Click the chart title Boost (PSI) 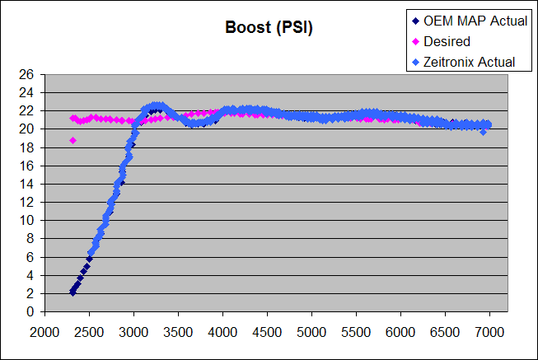pyautogui.click(x=269, y=27)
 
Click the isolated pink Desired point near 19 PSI pyautogui.click(x=73, y=140)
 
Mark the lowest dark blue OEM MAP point pyautogui.click(x=73, y=292)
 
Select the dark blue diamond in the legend pyautogui.click(x=415, y=21)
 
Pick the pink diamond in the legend pyautogui.click(x=415, y=41)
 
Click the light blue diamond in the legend pyautogui.click(x=415, y=62)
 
